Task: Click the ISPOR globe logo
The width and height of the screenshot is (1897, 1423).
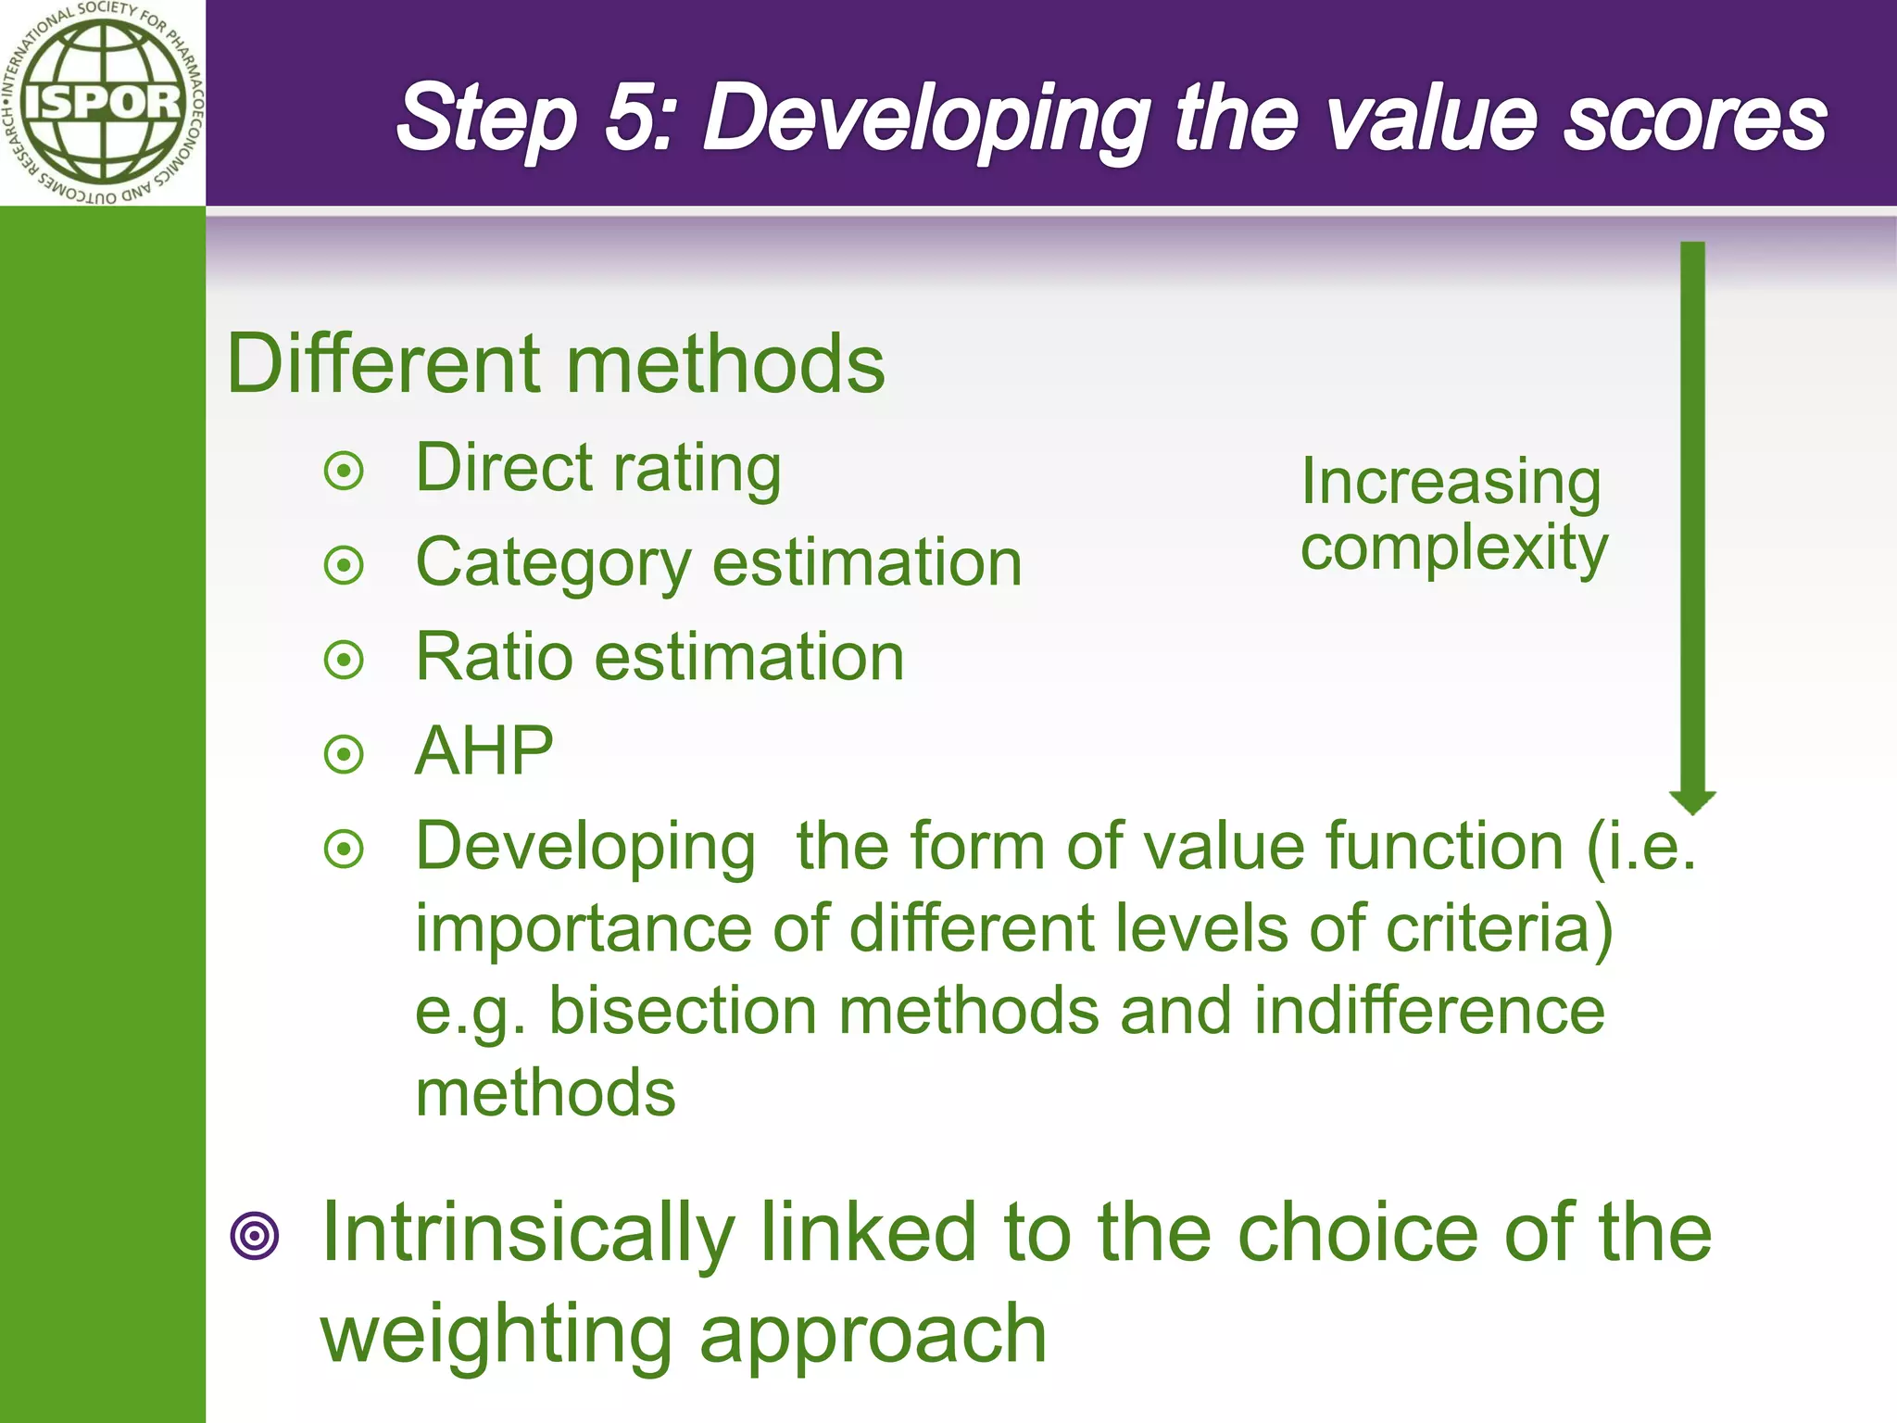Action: point(102,102)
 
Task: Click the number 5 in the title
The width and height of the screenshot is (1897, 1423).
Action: point(637,119)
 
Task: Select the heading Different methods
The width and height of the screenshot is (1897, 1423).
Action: point(556,364)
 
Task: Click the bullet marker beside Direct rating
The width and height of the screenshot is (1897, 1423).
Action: point(345,472)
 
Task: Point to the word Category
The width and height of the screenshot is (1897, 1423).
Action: point(553,564)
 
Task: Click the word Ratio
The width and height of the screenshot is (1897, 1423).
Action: point(494,657)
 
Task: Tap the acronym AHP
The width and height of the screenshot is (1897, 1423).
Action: point(484,751)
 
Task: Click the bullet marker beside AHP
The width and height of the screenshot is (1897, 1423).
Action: point(345,754)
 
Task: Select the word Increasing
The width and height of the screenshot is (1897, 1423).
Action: point(1451,484)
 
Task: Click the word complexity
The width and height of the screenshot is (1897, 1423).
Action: point(1454,548)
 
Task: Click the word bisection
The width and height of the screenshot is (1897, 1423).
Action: point(683,1011)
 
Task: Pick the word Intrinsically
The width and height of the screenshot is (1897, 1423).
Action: point(528,1233)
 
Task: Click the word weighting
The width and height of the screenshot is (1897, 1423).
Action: point(496,1335)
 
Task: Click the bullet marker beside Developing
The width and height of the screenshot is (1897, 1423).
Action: point(345,849)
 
